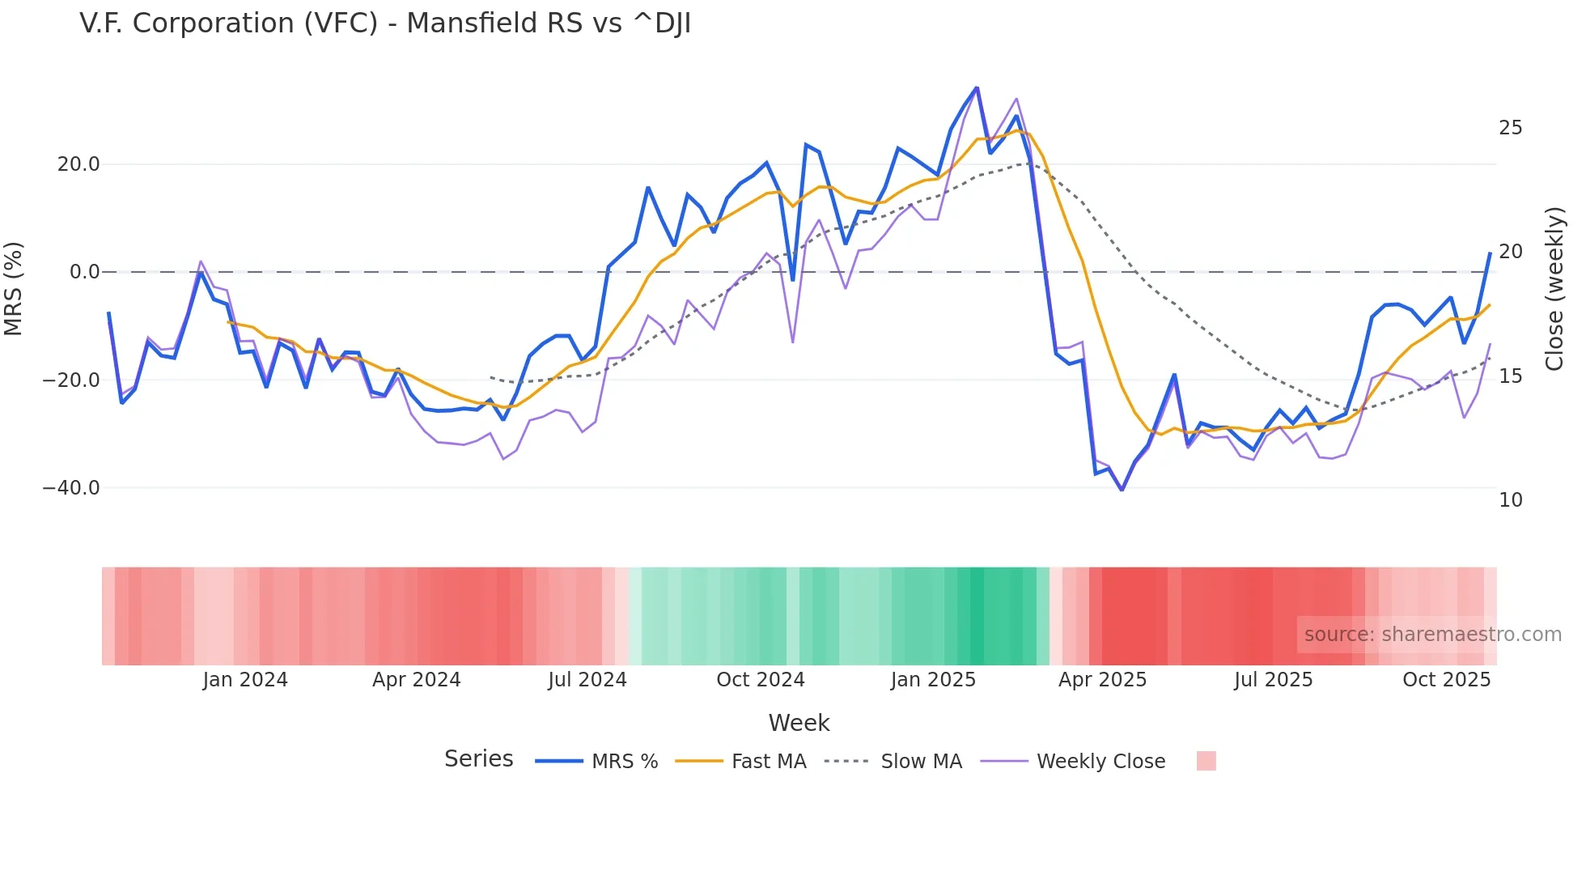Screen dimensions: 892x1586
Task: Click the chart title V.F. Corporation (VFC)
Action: (385, 23)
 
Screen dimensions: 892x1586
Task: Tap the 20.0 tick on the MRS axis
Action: (78, 164)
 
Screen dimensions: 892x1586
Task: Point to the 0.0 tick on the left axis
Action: (84, 272)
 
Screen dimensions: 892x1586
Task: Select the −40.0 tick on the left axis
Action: (71, 488)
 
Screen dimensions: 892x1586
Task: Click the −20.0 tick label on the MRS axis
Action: (71, 380)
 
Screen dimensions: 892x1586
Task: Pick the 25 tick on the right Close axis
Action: (1510, 128)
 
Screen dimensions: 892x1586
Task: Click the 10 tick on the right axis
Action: (1510, 500)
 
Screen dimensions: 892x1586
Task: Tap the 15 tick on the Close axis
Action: (1510, 376)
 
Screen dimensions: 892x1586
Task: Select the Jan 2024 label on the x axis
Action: (244, 680)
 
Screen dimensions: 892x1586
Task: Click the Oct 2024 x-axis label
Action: (760, 680)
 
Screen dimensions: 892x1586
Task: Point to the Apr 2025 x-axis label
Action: (1102, 680)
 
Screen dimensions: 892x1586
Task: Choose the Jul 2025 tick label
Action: (1273, 680)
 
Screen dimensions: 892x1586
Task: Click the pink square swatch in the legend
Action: (1206, 761)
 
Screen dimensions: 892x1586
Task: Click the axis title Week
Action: (799, 723)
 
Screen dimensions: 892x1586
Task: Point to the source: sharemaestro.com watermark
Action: (1432, 635)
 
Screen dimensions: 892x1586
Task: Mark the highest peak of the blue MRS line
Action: (977, 87)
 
